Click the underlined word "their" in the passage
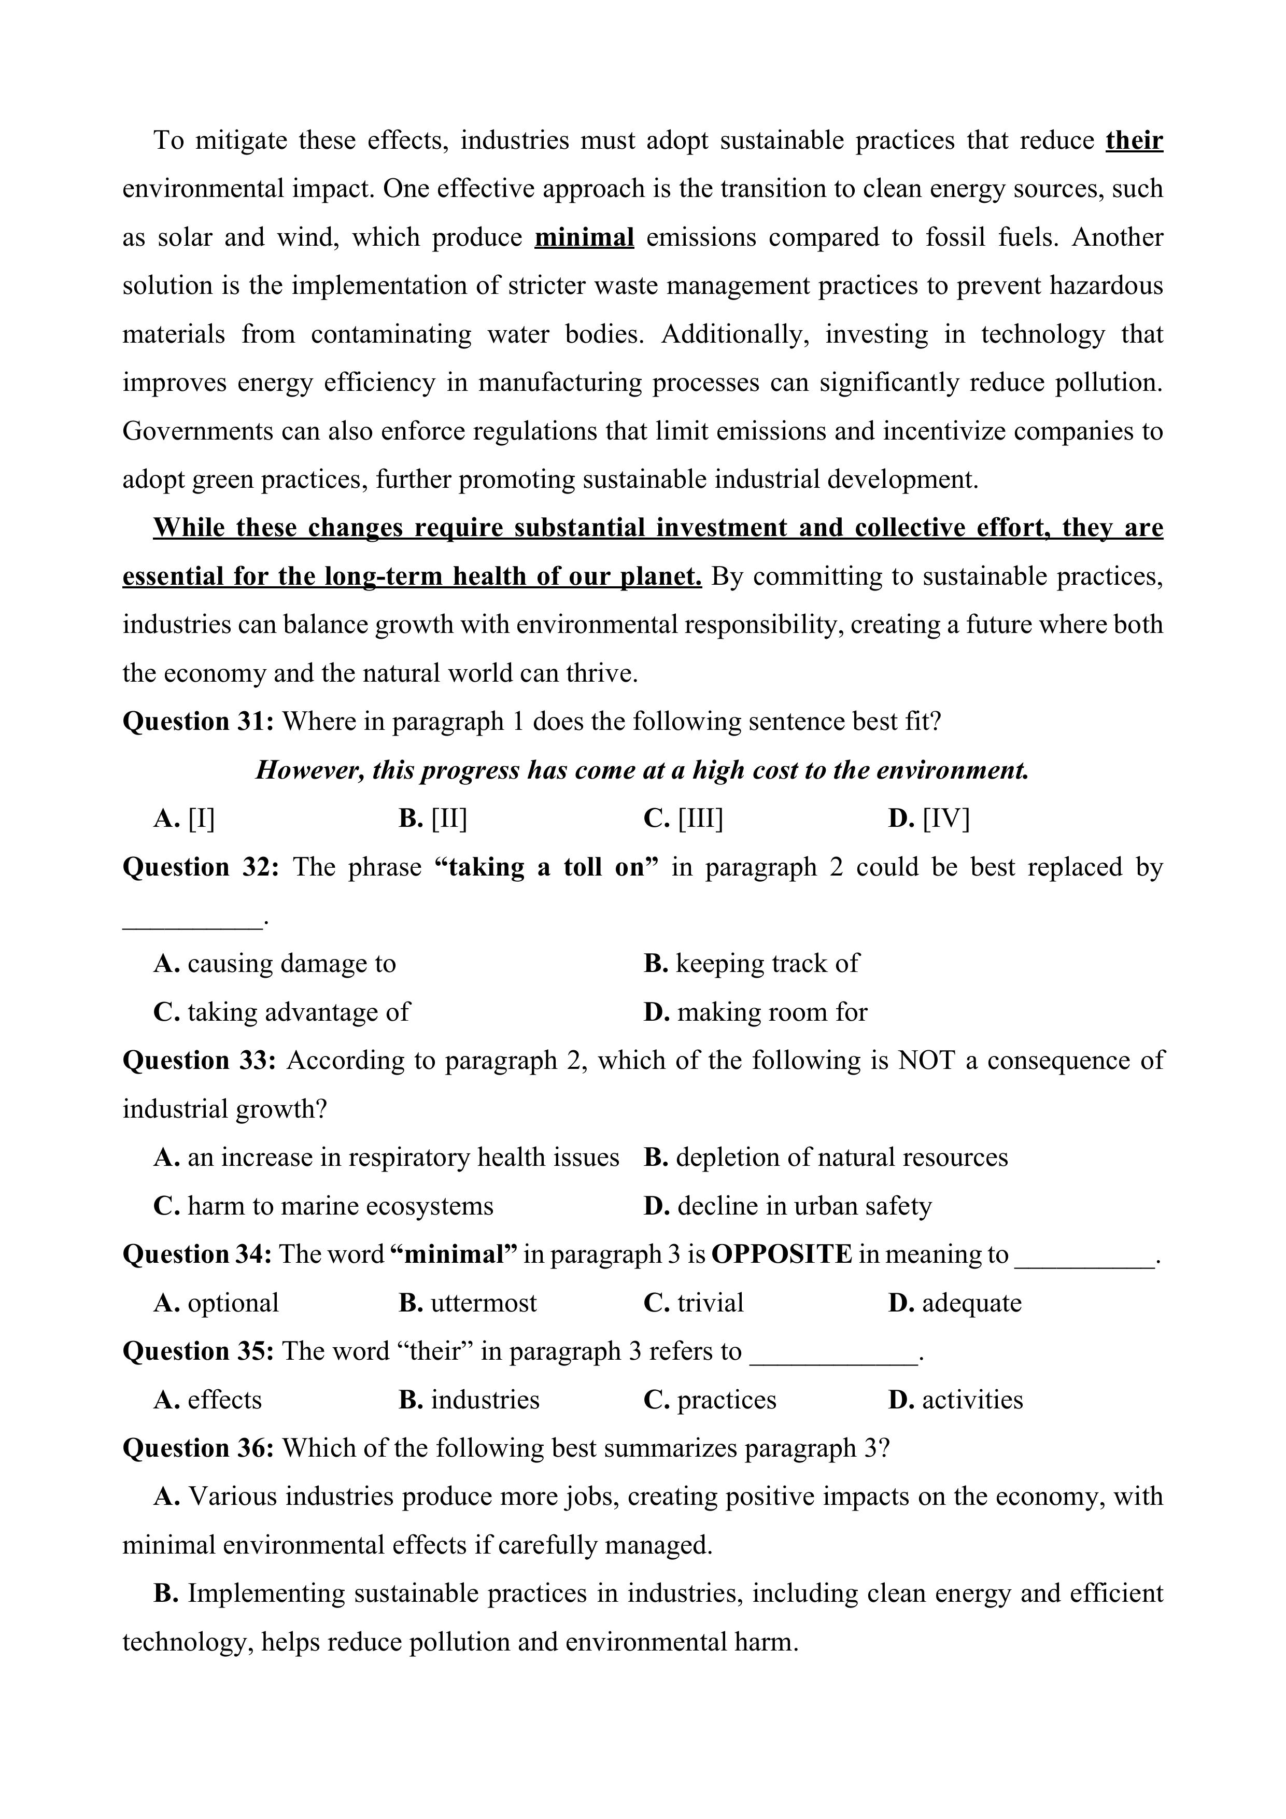coord(1134,140)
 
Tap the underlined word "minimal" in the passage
coord(584,237)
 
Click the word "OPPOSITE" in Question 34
coord(781,1254)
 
